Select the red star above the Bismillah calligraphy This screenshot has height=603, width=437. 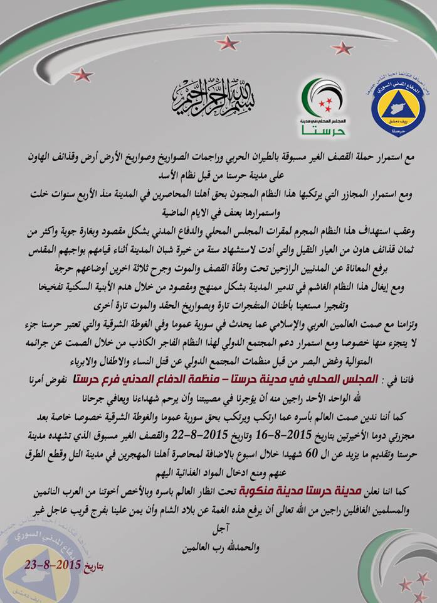tap(226, 43)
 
